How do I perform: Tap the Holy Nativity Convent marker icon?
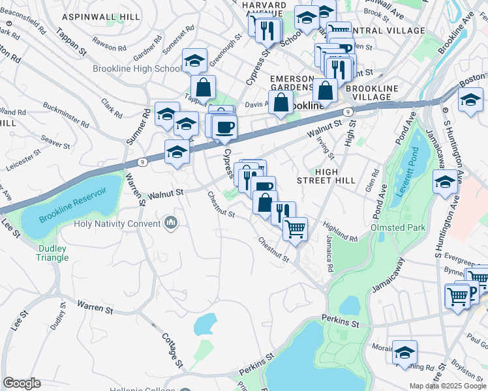tap(171, 224)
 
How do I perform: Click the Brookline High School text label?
tap(138, 69)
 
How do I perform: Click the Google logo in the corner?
tap(22, 383)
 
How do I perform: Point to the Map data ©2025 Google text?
tap(448, 386)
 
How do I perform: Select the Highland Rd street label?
tap(340, 231)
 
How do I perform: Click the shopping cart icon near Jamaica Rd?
tap(296, 229)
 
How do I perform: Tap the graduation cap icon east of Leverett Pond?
tap(446, 182)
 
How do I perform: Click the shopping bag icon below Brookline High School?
tap(204, 87)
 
